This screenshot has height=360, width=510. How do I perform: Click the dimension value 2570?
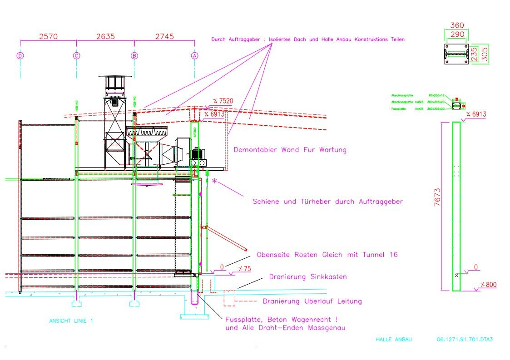click(48, 37)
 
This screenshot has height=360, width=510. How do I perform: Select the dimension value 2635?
click(105, 37)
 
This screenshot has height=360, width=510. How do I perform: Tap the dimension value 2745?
click(164, 37)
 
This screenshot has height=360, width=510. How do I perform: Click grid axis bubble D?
click(20, 55)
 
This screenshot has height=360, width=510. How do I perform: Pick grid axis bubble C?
click(76, 55)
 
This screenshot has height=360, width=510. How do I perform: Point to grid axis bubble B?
click(134, 55)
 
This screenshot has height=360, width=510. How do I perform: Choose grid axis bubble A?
click(195, 55)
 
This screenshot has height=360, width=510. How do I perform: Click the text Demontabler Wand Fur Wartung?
click(290, 149)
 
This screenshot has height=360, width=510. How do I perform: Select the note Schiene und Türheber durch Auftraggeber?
click(327, 202)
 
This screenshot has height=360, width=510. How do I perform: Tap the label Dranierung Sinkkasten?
click(308, 276)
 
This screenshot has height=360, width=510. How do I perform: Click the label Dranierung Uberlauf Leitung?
click(312, 301)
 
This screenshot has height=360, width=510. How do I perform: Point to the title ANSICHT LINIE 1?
click(71, 321)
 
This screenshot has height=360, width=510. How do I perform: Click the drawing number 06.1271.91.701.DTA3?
click(464, 339)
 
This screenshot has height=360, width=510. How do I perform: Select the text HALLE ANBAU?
click(394, 339)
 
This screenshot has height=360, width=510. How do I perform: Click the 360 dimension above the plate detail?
click(457, 26)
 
